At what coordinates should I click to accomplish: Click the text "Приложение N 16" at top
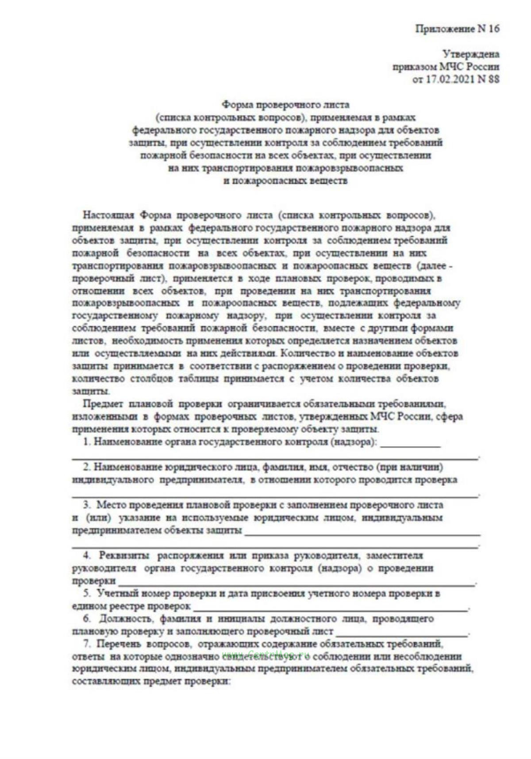457,29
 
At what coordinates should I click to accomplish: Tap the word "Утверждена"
471,54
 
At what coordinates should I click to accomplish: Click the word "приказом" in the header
414,67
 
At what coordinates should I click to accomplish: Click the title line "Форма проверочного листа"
285,105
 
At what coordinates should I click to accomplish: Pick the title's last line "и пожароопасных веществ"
285,180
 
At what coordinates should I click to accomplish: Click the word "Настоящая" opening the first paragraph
108,215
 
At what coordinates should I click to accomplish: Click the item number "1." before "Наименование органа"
87,442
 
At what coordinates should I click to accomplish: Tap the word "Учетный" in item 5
117,593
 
